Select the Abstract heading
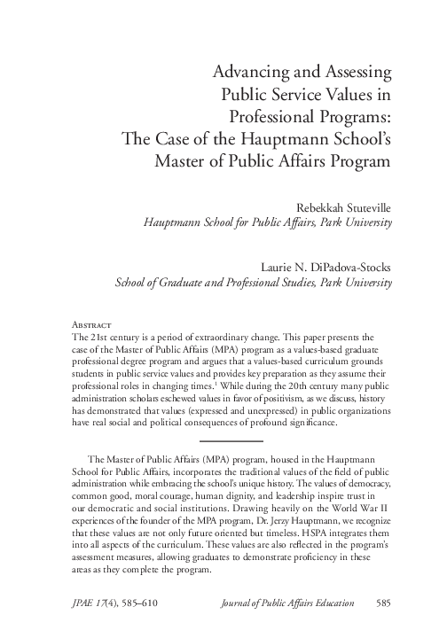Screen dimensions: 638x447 pyautogui.click(x=90, y=325)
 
